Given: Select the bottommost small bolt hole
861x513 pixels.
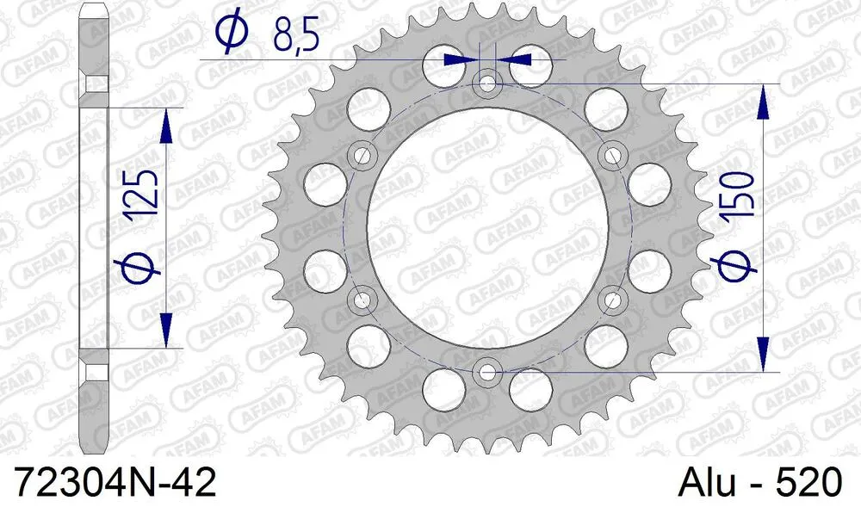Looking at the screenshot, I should click(x=488, y=372).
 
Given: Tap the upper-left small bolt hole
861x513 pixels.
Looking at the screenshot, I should click(x=362, y=156).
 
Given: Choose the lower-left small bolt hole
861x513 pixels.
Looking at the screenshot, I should click(x=362, y=300).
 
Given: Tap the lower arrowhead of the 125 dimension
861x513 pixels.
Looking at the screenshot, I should click(x=166, y=331).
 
